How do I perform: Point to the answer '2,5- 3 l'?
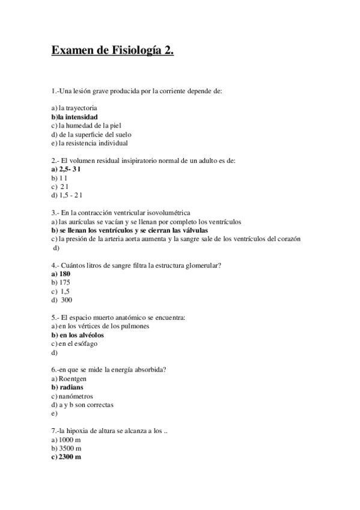pos(70,170)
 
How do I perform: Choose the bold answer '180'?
pos(65,274)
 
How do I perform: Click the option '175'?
pos(64,282)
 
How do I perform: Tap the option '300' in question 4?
pos(66,300)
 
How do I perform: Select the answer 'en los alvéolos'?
pos(82,334)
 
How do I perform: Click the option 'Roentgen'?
pos(73,379)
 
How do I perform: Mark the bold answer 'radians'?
pos(71,387)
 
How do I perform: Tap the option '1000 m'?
pos(70,440)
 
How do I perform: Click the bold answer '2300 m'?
pos(70,457)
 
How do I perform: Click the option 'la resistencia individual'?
pos(93,143)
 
